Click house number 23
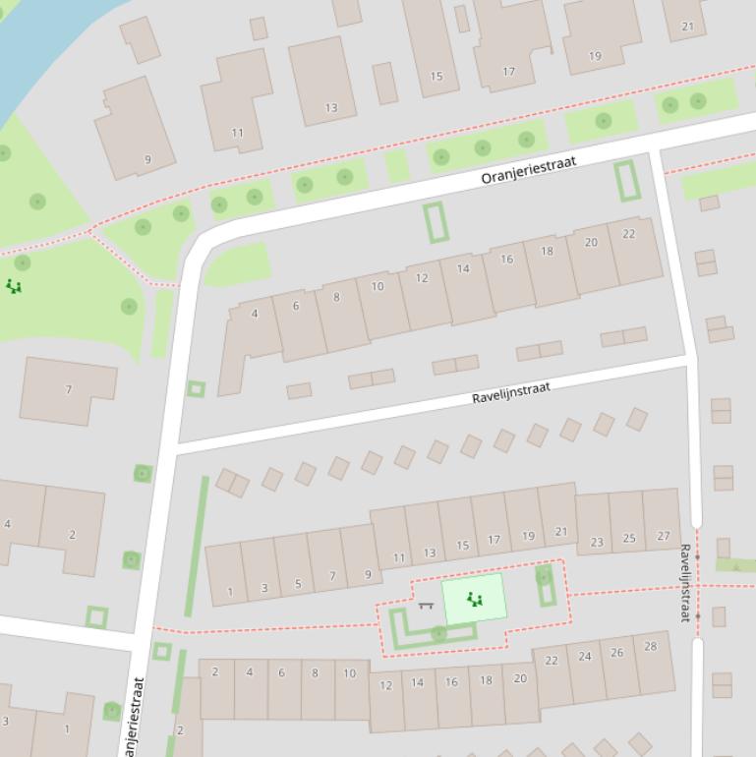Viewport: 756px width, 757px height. [x=597, y=541]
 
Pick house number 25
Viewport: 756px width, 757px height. [x=629, y=538]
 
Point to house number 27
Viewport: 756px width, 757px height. [x=663, y=536]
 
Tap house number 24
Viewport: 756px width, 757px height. [x=585, y=656]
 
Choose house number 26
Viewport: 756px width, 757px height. [x=616, y=652]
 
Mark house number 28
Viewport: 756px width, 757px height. [x=650, y=646]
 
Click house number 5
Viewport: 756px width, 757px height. [x=298, y=584]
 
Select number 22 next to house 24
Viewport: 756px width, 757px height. [x=552, y=661]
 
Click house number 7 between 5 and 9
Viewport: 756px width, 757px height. [x=332, y=577]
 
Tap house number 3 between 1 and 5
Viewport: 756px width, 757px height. [x=263, y=588]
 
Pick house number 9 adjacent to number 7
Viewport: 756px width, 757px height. [x=368, y=574]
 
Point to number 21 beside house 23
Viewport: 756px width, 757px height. [x=560, y=531]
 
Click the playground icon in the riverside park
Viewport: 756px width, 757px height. [x=14, y=286]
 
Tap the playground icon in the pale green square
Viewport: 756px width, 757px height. [x=475, y=599]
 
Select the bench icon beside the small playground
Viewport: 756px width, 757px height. [x=426, y=606]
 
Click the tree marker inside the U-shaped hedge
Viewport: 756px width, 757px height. [x=438, y=633]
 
